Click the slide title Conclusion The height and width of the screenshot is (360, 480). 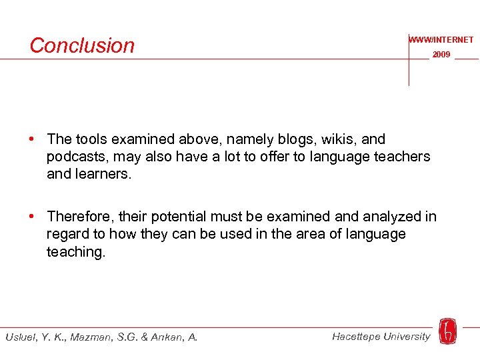tap(82, 45)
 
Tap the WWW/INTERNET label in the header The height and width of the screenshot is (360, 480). tap(441, 40)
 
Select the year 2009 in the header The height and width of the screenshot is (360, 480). tap(441, 55)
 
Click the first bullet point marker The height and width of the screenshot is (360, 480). tap(32, 139)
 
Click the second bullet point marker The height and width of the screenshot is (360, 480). tap(32, 217)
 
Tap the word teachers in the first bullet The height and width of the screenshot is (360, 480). tap(401, 157)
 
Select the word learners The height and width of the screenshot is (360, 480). tap(104, 174)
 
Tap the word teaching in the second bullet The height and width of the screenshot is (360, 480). tap(75, 251)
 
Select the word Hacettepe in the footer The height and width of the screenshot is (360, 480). tap(357, 336)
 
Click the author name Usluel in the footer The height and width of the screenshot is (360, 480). tap(21, 337)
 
